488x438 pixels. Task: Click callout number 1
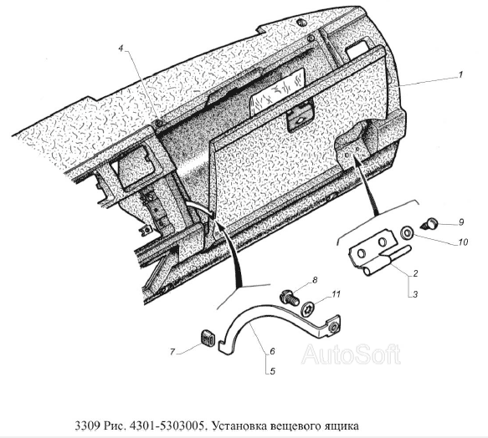[460, 74]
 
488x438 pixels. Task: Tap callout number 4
[121, 48]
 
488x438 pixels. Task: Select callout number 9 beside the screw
[461, 222]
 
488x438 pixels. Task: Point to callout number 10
[463, 242]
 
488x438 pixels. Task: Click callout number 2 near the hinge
[415, 273]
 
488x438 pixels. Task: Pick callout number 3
[415, 293]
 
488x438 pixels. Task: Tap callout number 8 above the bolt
[315, 280]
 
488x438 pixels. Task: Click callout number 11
[336, 293]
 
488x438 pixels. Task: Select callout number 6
[272, 351]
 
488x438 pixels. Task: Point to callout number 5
[272, 371]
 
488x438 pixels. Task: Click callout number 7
[172, 352]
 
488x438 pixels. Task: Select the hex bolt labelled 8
[290, 297]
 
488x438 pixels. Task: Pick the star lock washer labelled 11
[308, 309]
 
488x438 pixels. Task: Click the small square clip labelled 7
[207, 338]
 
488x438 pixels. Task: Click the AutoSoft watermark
[351, 354]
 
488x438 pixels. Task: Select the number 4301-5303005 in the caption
[167, 425]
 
